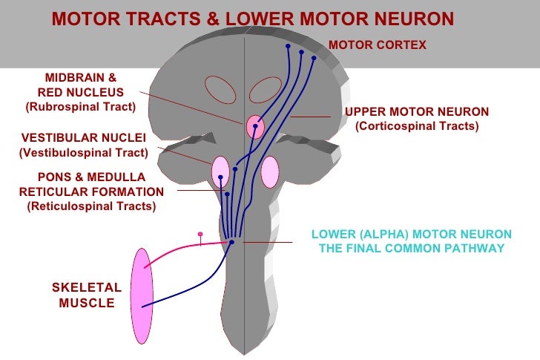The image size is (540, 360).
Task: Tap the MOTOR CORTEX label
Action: tap(377, 45)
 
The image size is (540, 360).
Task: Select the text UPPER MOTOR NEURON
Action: tap(417, 112)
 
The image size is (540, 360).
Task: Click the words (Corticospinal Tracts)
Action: tap(417, 126)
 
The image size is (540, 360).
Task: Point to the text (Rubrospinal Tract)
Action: tap(81, 107)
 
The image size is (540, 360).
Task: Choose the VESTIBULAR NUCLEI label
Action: tap(84, 138)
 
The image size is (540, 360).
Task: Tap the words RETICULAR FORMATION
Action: tap(91, 192)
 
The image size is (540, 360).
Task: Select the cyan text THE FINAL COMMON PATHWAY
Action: tap(411, 249)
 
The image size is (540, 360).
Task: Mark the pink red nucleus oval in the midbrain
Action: tap(255, 127)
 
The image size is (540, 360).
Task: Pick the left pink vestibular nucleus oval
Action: tap(220, 172)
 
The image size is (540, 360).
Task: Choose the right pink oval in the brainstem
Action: tap(269, 171)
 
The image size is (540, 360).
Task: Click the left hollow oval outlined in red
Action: tap(220, 90)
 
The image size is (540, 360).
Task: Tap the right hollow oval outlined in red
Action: tap(265, 90)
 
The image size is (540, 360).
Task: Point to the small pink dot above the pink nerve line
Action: tap(200, 235)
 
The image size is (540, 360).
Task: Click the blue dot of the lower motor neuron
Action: tap(231, 242)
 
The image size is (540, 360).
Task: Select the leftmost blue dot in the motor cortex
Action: tap(288, 46)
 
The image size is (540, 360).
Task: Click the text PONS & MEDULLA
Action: tap(91, 177)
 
